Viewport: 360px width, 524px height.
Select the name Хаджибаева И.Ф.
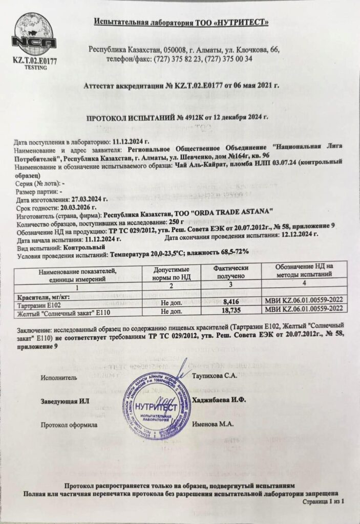[219, 400]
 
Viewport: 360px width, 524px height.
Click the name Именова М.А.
[213, 424]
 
